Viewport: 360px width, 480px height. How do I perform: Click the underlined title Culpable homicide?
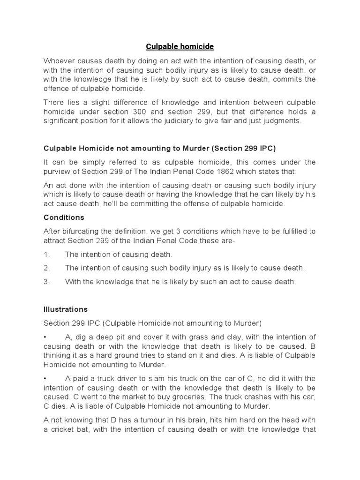pyautogui.click(x=180, y=46)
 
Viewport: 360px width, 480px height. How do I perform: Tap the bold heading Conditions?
pyautogui.click(x=64, y=217)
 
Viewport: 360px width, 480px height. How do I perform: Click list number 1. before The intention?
pyautogui.click(x=46, y=255)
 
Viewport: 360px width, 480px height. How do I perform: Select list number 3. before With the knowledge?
pyautogui.click(x=46, y=281)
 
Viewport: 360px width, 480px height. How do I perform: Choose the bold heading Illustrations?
pyautogui.click(x=66, y=309)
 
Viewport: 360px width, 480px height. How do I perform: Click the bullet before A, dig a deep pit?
pyautogui.click(x=45, y=337)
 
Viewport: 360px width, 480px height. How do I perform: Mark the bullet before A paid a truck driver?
pyautogui.click(x=45, y=378)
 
